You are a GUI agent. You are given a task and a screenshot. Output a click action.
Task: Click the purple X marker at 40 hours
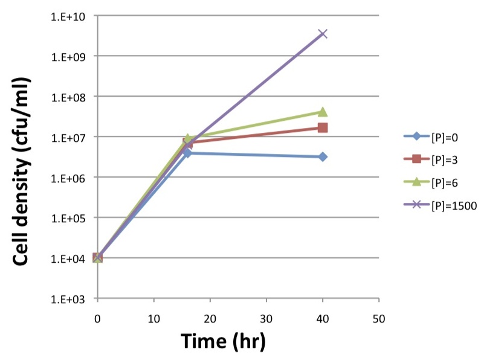[x=323, y=34]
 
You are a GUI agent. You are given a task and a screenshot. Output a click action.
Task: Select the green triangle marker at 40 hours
[x=323, y=112]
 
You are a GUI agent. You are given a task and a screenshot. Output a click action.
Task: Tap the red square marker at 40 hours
[x=323, y=127]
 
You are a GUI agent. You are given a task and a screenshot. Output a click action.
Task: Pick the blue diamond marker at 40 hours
[x=323, y=157]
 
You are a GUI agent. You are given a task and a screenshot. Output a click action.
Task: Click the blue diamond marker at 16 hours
[x=188, y=153]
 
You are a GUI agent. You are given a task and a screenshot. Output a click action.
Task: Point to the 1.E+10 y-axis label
[x=68, y=16]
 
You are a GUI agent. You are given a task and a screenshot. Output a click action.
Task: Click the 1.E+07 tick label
[x=68, y=138]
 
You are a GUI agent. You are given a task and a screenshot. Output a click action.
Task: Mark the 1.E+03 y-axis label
[x=68, y=299]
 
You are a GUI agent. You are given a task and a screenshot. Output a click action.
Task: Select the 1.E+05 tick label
[x=68, y=219]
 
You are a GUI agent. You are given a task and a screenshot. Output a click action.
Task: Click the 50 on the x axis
[x=379, y=319]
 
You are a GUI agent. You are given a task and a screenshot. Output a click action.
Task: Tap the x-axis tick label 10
[x=153, y=319]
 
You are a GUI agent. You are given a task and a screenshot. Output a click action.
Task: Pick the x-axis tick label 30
[x=266, y=319]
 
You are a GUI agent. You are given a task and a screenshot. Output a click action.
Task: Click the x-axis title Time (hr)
[x=223, y=341]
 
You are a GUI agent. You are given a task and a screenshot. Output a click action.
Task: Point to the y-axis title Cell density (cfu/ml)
[x=22, y=172]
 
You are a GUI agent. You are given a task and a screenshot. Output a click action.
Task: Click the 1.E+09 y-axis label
[x=68, y=57]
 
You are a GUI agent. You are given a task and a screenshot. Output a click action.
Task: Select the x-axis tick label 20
[x=210, y=319]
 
